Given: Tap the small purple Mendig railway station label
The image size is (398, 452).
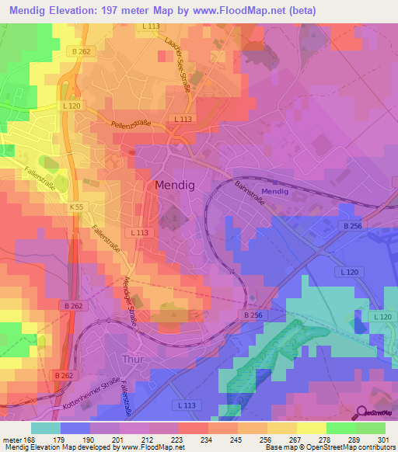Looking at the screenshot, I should click(x=274, y=191).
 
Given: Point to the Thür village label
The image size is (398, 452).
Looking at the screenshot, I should click(x=133, y=360).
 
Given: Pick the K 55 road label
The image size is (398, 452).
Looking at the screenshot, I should click(x=75, y=207).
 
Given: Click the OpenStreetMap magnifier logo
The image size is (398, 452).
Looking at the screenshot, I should click(x=363, y=413).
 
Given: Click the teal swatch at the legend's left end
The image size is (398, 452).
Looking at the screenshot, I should click(x=45, y=428).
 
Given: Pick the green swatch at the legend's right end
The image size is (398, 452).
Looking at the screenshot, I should click(x=371, y=428).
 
